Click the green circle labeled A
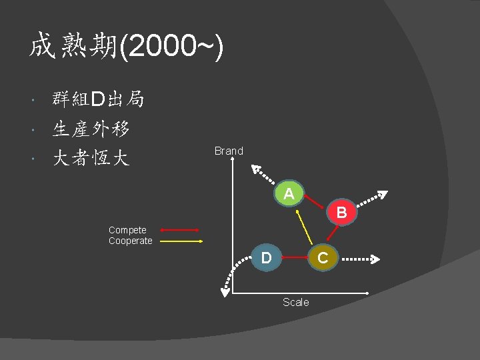(x=289, y=194)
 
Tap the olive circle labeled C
(x=322, y=257)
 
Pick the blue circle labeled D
(x=266, y=257)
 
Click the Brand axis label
(x=229, y=151)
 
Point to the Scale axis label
(x=295, y=302)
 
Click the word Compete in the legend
(x=127, y=230)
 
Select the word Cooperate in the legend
(x=131, y=241)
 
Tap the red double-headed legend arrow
(x=180, y=230)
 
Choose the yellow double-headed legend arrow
(x=180, y=241)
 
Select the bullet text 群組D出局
(x=98, y=100)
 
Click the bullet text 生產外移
(x=91, y=129)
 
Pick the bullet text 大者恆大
(x=91, y=158)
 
